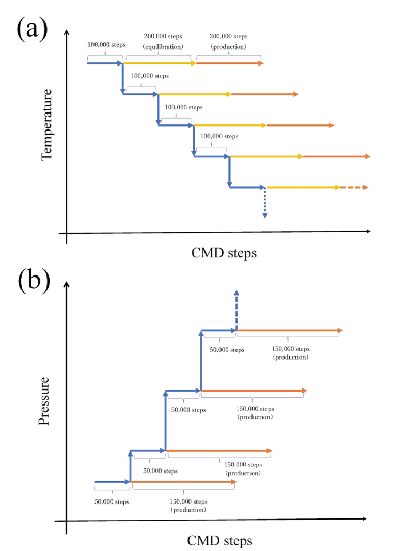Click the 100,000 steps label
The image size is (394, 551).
106,44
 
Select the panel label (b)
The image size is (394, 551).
35,281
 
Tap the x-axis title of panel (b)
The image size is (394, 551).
219,540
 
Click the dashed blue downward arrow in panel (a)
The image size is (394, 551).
265,204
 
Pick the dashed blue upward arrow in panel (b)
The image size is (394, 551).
237,309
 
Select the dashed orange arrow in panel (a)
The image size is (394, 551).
354,188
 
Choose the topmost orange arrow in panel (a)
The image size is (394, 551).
230,63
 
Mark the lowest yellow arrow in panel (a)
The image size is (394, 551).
302,188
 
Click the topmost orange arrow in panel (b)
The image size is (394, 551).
289,330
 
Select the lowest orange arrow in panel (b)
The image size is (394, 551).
183,481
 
